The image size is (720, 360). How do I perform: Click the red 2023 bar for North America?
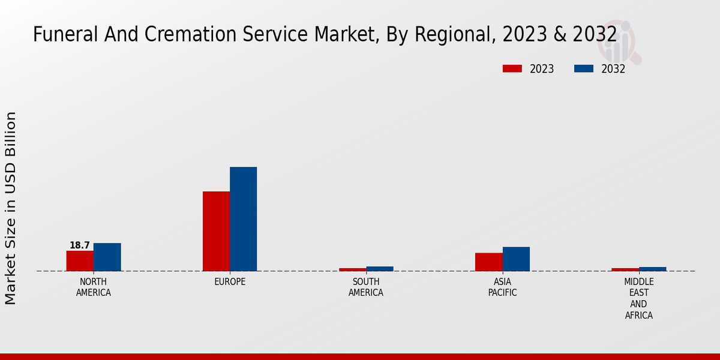coord(80,261)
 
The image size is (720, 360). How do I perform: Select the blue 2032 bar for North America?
coord(107,257)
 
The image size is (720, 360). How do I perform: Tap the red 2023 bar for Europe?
coord(216,231)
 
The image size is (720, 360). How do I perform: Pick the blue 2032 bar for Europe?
coord(243,219)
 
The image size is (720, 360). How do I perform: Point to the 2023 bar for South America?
coord(352,269)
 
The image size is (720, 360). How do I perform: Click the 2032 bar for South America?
coord(380,269)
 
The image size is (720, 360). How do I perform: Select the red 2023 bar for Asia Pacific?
coord(488,262)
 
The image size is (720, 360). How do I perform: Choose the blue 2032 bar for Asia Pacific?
coord(516,259)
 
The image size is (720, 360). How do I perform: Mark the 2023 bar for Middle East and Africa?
coord(625,269)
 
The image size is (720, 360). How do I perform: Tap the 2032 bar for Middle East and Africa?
coord(652,269)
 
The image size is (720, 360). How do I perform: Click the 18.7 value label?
coord(79,245)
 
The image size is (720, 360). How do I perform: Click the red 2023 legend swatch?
coord(512,68)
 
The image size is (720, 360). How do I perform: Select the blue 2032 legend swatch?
coord(583,68)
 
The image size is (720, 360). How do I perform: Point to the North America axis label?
coord(93,287)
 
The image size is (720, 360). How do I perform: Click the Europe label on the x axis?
coord(230,282)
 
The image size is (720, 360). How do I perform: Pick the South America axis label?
coord(366,287)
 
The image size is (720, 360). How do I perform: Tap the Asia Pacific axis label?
coord(502,287)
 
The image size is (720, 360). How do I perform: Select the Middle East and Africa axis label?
coord(638,298)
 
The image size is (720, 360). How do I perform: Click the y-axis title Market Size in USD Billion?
coord(11,208)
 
